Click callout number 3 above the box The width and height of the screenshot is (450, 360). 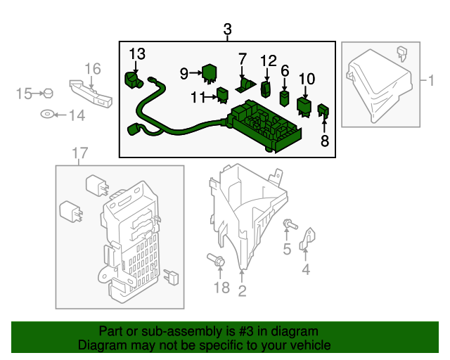coord(227,30)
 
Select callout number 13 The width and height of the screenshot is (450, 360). coord(137,54)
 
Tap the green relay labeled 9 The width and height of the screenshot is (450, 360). coord(209,72)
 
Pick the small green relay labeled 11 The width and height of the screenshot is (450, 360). coord(223,94)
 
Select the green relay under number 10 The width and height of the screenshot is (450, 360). coord(305,105)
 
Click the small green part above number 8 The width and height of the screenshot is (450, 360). coord(324,110)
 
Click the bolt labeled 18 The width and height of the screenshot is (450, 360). coord(217,262)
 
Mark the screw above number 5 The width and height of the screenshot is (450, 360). coord(289,226)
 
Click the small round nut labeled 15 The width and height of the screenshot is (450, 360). coord(48,93)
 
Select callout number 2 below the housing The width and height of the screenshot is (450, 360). coord(242,290)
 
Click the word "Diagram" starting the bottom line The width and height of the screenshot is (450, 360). coord(99,345)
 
